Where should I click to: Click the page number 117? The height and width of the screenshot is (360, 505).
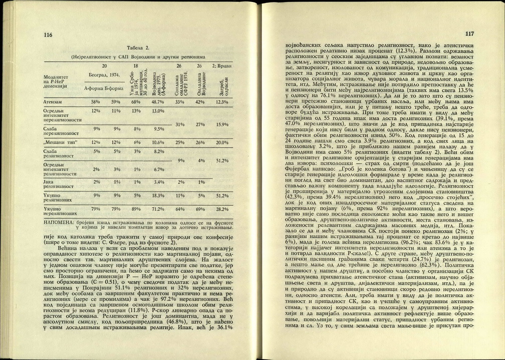pyautogui.click(x=469, y=34)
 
